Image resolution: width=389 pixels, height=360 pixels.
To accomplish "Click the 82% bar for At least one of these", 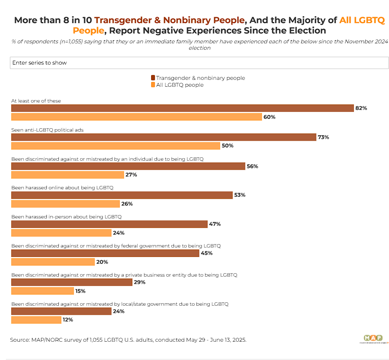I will [182, 108].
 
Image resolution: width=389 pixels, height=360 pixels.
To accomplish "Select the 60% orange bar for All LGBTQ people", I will [136, 117].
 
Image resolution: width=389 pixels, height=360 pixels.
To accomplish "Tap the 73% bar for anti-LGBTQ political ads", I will [163, 137].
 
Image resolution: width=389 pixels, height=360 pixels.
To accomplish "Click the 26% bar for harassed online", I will [65, 204].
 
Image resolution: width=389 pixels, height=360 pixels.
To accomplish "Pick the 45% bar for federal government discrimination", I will [105, 253].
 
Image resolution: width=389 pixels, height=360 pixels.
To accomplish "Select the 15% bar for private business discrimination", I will [42, 291].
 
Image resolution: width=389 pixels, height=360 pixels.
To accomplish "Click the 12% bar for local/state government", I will [36, 320].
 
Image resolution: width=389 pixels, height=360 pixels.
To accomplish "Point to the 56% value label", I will [252, 166].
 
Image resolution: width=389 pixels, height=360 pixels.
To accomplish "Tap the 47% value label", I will [215, 224].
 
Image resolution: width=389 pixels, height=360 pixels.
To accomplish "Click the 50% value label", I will [228, 146].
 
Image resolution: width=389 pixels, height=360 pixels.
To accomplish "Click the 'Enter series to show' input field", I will [197, 63].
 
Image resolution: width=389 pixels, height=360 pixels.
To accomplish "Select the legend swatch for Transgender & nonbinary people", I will [153, 78].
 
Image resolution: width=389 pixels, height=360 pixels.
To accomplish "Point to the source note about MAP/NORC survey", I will [128, 340].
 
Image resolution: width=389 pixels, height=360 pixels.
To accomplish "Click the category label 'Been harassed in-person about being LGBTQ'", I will [66, 216].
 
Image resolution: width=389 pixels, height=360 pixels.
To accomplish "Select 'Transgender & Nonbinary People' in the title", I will [169, 20].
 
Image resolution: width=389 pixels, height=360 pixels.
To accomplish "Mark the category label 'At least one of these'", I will [36, 101].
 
